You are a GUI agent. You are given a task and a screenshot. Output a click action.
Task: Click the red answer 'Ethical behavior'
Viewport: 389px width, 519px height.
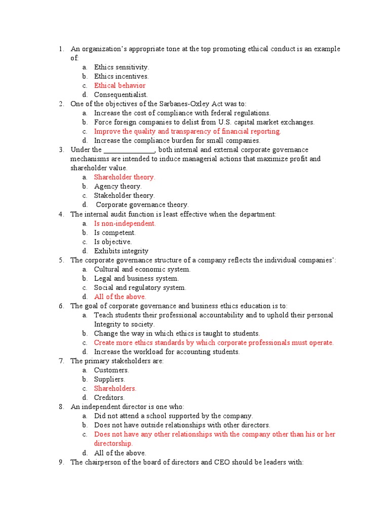coord(120,86)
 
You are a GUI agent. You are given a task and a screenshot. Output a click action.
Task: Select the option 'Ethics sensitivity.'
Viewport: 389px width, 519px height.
coord(122,67)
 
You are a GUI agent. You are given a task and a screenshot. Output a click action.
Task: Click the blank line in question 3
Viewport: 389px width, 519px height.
coord(129,150)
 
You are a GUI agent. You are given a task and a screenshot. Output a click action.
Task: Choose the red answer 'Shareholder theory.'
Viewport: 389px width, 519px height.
coord(125,177)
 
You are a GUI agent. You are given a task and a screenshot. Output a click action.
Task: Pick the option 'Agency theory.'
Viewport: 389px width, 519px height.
coord(118,187)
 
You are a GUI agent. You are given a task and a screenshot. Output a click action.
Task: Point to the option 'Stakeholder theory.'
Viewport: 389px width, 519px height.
coord(125,196)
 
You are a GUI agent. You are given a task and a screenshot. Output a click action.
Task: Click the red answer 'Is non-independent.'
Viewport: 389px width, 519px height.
coord(125,224)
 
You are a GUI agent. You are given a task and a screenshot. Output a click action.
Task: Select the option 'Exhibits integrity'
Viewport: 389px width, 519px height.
coord(122,251)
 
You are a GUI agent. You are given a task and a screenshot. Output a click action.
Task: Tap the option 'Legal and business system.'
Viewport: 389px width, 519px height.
coord(136,278)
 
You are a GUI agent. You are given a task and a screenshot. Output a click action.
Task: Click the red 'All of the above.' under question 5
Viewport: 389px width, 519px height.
coord(120,296)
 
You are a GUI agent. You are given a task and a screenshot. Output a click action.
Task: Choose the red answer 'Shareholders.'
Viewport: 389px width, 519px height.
coord(115,388)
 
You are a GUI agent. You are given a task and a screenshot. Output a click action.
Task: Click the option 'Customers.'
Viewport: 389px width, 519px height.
coord(111,370)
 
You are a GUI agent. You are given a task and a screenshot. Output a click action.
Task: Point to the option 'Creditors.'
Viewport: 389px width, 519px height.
coord(109,397)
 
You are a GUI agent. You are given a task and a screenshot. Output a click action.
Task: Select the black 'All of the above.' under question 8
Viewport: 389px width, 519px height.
coord(120,453)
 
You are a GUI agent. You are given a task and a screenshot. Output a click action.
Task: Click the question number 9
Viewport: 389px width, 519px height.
coord(61,462)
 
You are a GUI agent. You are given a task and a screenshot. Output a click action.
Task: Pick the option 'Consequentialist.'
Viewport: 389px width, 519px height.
coord(121,95)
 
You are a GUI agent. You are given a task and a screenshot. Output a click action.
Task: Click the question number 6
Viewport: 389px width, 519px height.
coord(61,306)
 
